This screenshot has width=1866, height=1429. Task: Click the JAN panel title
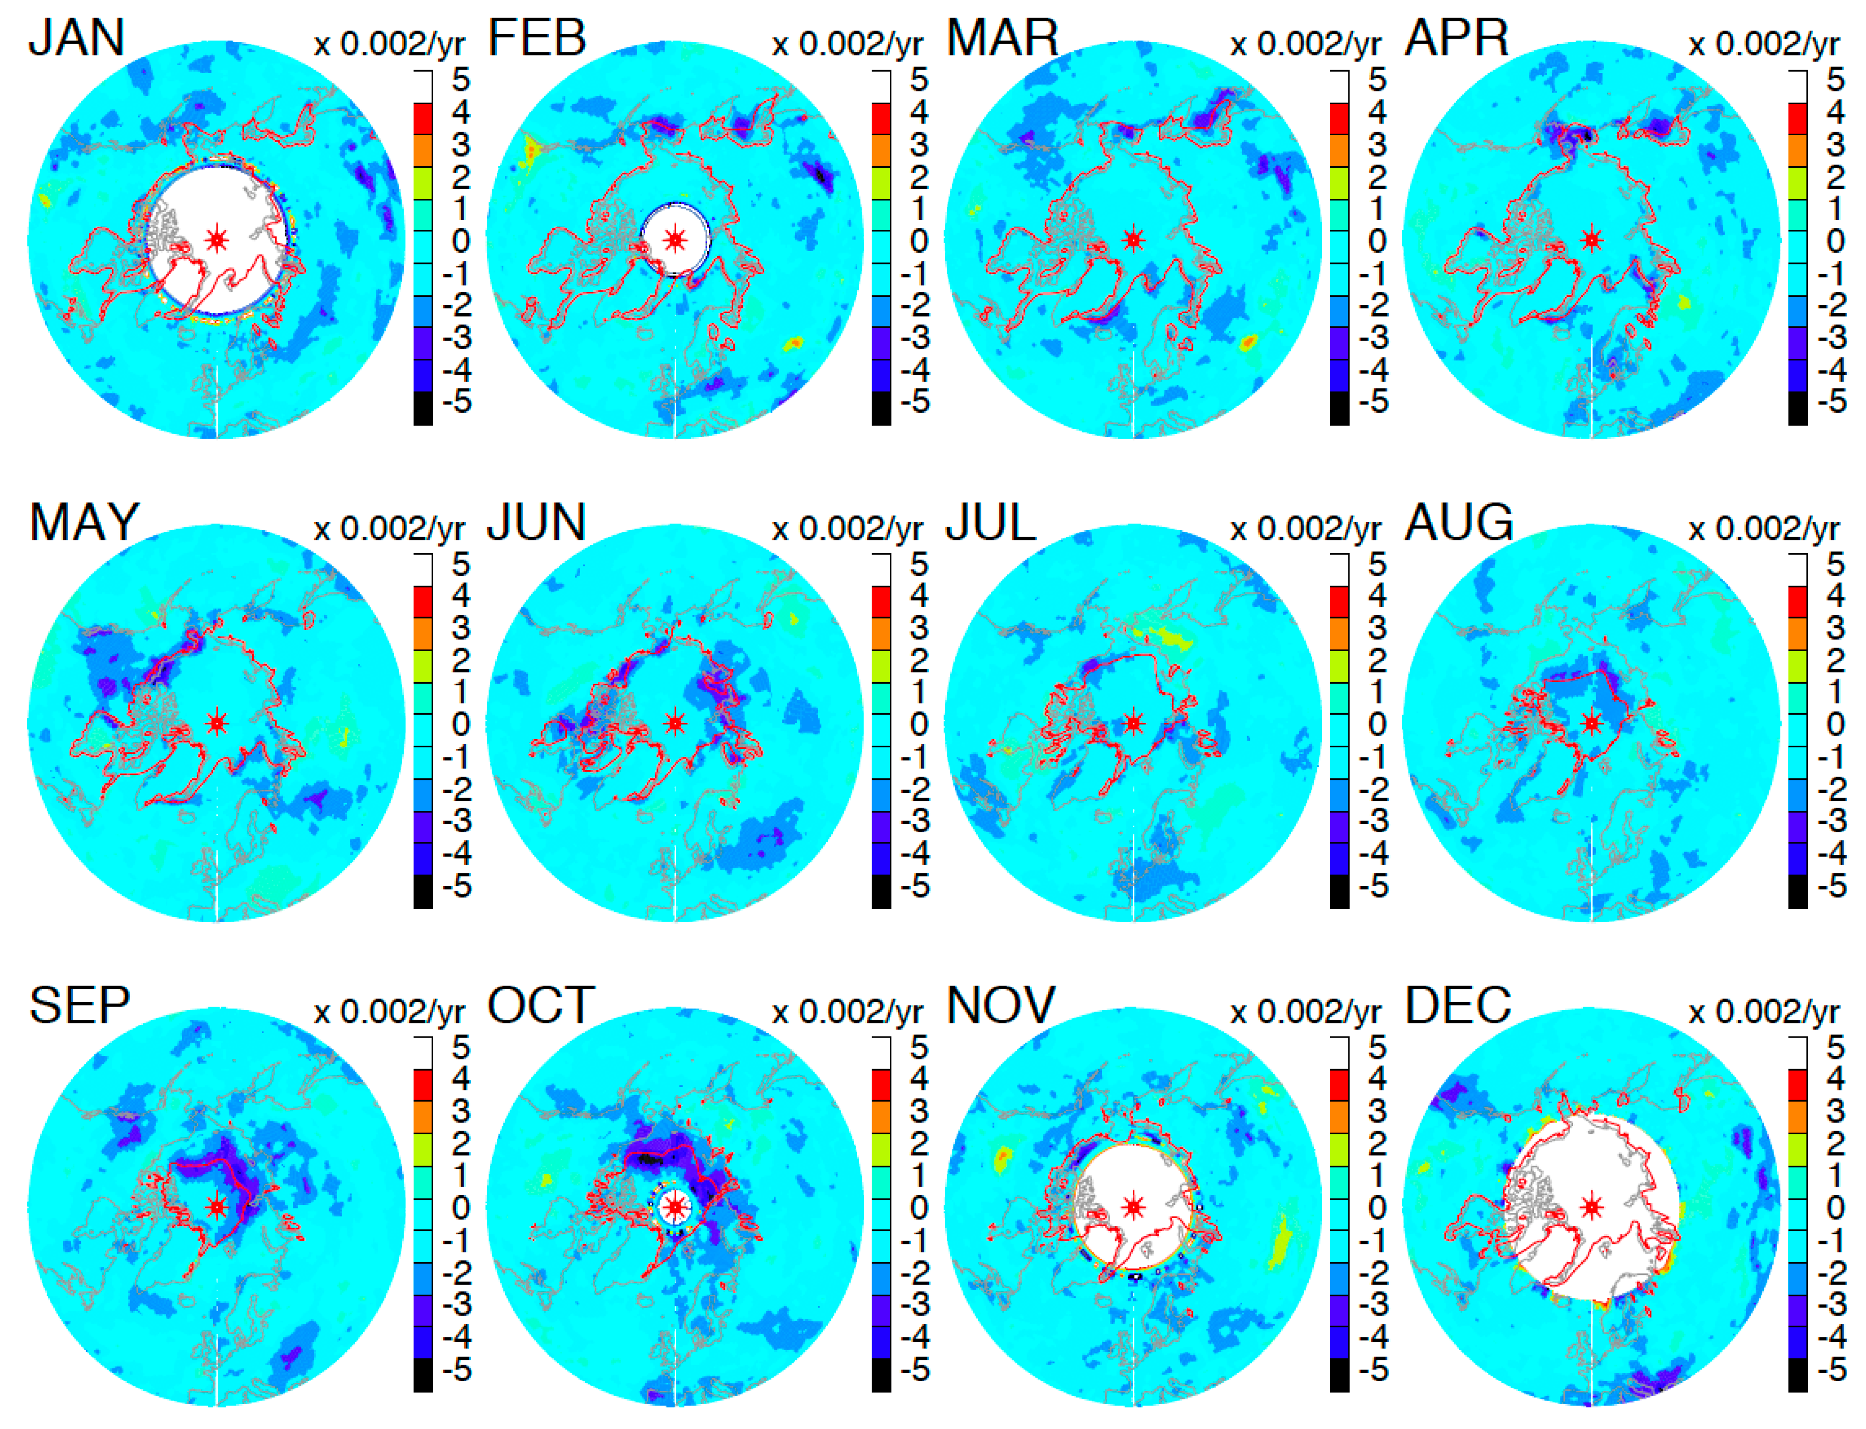[77, 38]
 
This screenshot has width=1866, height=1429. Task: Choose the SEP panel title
[79, 1006]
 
